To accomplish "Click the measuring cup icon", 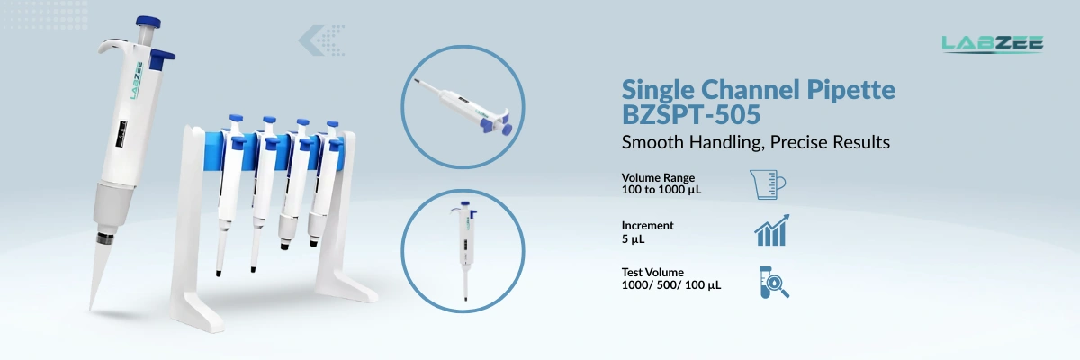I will (768, 184).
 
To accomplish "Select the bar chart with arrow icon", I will (771, 230).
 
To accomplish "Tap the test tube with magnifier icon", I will (772, 282).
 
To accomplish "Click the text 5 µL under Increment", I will (634, 240).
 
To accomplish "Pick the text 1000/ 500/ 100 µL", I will (671, 285).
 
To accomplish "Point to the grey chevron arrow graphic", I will (322, 40).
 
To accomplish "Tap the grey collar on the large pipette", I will (112, 202).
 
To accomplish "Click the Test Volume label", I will (652, 272).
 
